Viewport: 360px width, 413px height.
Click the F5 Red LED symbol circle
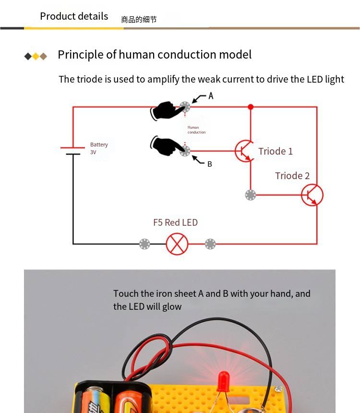coord(177,244)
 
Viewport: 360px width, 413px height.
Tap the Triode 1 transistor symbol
coord(244,151)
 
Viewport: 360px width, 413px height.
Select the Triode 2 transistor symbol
coord(312,195)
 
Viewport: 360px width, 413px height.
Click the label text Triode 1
coord(276,151)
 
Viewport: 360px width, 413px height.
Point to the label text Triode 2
coord(292,176)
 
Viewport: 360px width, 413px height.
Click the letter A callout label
coord(211,96)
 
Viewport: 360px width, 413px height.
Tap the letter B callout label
coord(209,164)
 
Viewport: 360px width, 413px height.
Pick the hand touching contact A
coord(168,110)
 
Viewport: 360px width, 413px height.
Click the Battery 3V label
coord(99,148)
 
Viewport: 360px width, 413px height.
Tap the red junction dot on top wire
coord(250,107)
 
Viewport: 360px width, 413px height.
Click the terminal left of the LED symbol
coord(144,244)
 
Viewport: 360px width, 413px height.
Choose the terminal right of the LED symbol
coord(210,244)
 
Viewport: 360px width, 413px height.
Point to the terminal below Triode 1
coord(250,195)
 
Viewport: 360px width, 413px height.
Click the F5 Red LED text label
coord(175,222)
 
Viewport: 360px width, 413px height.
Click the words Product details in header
coord(74,16)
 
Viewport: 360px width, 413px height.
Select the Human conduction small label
coord(196,130)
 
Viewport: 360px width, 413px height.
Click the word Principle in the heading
coord(80,55)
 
